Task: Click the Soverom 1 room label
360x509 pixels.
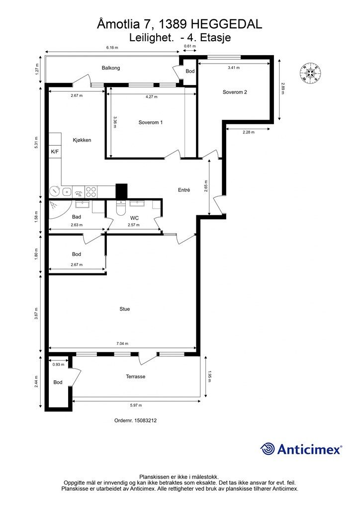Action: coord(150,122)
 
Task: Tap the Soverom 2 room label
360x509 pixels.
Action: coord(235,92)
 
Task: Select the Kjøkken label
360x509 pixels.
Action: coord(82,140)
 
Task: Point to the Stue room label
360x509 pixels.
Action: coord(125,309)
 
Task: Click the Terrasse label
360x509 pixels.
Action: coord(136,377)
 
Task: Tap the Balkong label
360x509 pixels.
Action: coord(111,68)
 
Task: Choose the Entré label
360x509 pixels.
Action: coord(184,190)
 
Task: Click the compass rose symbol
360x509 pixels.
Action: coord(311,73)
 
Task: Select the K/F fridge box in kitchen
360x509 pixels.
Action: coord(55,151)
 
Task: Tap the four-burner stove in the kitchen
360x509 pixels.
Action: coord(91,191)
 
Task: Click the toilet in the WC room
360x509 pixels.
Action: coord(121,208)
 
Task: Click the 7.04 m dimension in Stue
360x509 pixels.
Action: coord(122,343)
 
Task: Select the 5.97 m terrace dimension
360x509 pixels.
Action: coord(136,405)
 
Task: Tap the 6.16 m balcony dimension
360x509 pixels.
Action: coord(112,47)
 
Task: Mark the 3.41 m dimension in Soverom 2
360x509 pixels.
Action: coord(234,68)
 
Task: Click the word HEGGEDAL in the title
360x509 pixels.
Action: coord(226,24)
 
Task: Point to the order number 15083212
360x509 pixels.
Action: coord(146,421)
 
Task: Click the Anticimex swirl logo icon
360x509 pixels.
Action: coord(267,449)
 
